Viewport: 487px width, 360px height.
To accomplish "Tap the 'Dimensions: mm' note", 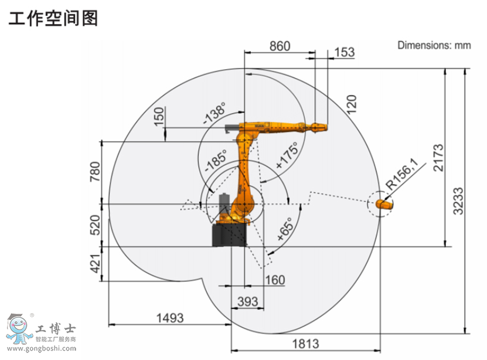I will click(434, 45).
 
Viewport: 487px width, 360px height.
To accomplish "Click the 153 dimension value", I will click(344, 52).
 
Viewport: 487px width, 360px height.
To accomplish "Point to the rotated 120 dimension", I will click(351, 104).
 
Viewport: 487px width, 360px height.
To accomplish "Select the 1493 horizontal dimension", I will click(169, 318).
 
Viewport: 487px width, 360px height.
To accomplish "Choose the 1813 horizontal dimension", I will click(304, 343).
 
